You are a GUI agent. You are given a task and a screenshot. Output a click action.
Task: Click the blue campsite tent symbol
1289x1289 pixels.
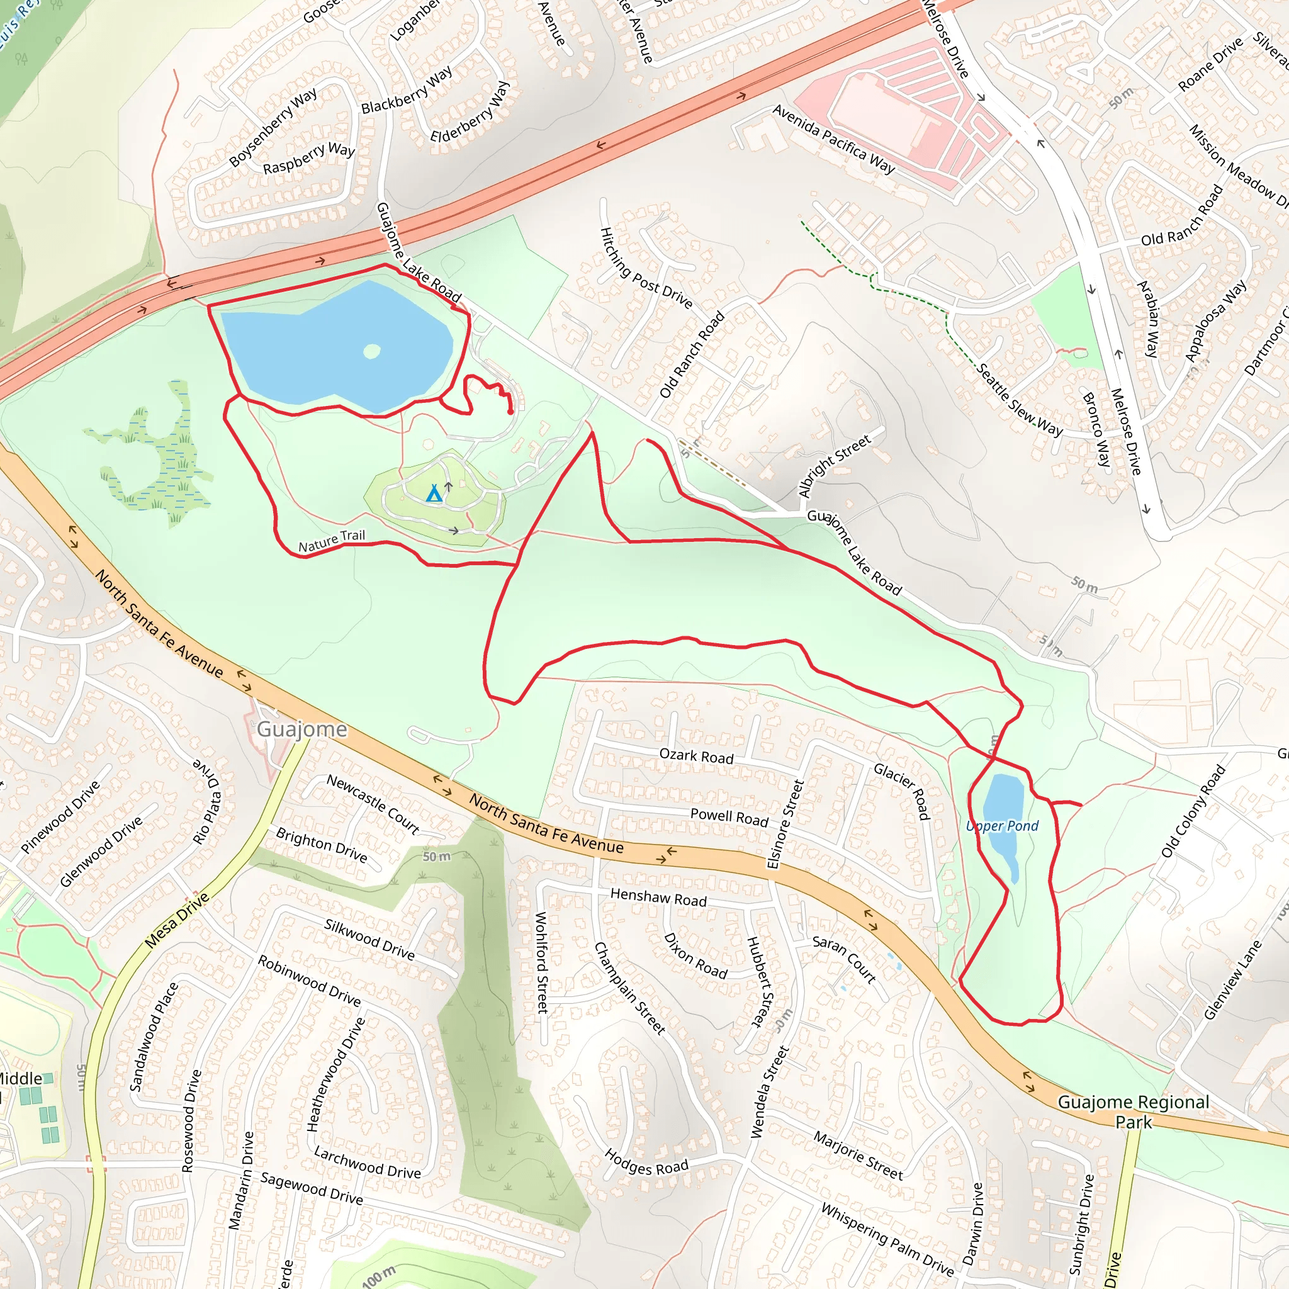434,493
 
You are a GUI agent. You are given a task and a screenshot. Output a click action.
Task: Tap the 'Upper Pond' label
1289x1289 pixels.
1002,826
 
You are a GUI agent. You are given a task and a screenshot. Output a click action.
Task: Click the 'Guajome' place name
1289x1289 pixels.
302,729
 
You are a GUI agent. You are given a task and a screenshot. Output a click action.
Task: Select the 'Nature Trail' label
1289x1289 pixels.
332,541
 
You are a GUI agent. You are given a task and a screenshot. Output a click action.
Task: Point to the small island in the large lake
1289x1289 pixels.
371,351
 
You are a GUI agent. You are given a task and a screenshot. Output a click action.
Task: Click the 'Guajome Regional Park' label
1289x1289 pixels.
1134,1112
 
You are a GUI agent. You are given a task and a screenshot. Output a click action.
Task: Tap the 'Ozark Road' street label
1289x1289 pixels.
697,756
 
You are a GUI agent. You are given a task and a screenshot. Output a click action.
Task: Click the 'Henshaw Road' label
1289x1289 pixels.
658,898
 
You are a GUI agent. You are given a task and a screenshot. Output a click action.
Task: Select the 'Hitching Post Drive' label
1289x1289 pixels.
646,267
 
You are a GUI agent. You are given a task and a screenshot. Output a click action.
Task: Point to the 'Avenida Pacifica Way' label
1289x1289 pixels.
834,138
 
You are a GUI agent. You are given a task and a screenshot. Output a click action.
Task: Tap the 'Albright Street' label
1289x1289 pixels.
835,466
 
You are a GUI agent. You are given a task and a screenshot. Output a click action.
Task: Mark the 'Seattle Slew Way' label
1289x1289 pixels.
1020,400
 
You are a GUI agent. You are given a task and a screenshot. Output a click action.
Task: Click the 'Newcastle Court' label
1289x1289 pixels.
373,804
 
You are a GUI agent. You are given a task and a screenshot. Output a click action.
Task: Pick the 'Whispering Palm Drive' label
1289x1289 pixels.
887,1239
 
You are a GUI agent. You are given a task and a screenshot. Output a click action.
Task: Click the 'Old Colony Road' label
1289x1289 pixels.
1193,811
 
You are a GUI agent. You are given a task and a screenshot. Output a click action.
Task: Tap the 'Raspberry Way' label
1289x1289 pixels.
309,158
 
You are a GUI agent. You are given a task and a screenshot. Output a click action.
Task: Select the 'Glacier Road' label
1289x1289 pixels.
901,791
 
